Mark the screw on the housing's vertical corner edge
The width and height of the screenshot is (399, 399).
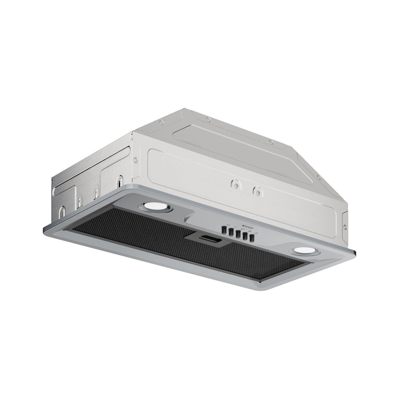coord(136,160)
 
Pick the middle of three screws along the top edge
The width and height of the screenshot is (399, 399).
coord(208,119)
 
